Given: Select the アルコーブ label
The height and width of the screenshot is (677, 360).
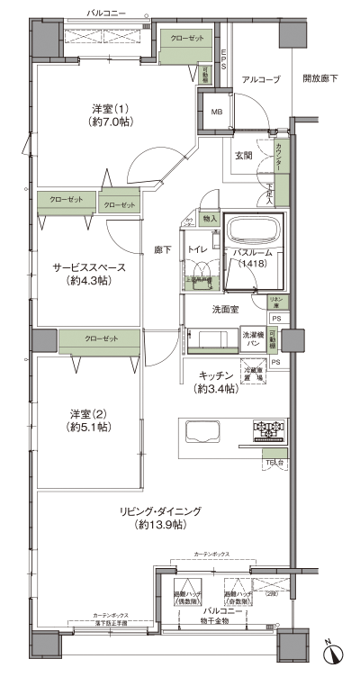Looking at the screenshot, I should (261, 80).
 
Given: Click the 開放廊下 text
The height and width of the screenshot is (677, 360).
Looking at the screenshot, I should (320, 80).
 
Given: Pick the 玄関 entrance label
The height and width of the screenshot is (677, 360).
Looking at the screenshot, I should (244, 155).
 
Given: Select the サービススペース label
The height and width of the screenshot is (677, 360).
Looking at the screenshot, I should (87, 274).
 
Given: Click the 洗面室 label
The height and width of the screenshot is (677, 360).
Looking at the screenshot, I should (225, 310).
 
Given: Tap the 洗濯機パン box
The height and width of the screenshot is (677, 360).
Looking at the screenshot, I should (252, 339).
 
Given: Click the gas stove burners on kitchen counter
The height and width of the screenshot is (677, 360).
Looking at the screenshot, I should (269, 427).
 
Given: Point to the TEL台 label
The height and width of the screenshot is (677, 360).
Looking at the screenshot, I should (273, 462).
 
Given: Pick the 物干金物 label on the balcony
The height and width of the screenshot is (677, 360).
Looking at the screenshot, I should (193, 621).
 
